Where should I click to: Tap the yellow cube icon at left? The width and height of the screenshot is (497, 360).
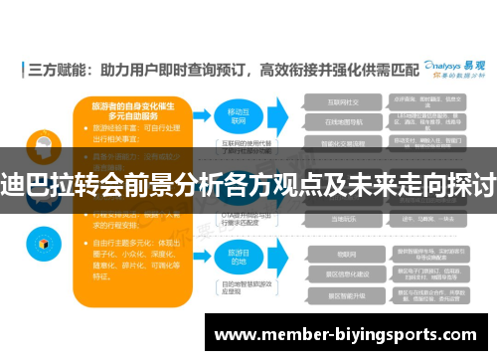click(x=44, y=240)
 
